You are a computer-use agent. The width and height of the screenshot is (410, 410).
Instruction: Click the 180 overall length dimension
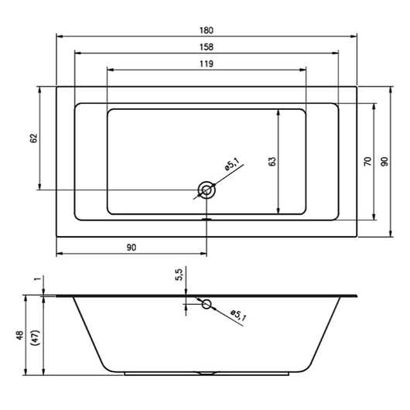[207, 30]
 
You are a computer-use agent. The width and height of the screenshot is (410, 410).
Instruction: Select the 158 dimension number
[207, 47]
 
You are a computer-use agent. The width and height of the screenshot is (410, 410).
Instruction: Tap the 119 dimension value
[207, 63]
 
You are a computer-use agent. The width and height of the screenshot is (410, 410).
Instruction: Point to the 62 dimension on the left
[34, 138]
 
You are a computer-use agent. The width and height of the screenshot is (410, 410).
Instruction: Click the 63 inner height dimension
[272, 162]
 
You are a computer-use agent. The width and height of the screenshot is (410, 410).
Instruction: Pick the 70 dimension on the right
[367, 162]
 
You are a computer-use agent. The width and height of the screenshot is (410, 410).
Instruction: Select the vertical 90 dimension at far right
[384, 162]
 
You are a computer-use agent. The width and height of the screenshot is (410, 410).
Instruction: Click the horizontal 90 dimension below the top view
[132, 248]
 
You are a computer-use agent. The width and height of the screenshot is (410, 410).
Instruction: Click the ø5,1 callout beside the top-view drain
[232, 164]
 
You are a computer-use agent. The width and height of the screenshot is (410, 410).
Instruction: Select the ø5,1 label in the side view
[238, 315]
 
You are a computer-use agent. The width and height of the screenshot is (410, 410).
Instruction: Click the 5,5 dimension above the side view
[179, 275]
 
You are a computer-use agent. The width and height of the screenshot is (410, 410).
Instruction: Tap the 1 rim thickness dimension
[38, 278]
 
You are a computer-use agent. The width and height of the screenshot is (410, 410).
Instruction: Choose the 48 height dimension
[20, 336]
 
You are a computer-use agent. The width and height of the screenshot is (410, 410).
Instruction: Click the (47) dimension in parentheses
[36, 337]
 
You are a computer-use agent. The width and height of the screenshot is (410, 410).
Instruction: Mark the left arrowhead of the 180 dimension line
[60, 36]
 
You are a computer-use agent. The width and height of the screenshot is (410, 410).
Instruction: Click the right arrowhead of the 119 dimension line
[302, 70]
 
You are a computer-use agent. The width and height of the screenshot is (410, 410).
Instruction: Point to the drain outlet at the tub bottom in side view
[207, 373]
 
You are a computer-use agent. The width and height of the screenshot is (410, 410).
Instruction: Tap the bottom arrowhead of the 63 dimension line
[278, 210]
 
